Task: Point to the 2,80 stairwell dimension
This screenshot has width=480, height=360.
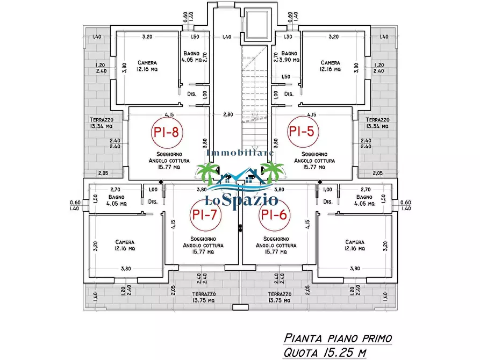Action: pyautogui.click(x=228, y=114)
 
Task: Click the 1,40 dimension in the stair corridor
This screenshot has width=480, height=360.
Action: pyautogui.click(x=226, y=37)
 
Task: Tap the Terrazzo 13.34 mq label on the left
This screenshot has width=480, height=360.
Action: pyautogui.click(x=102, y=123)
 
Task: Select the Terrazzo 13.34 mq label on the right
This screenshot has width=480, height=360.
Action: pyautogui.click(x=377, y=123)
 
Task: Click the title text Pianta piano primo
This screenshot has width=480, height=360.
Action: pyautogui.click(x=338, y=339)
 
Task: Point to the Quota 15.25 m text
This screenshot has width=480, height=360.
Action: pyautogui.click(x=325, y=352)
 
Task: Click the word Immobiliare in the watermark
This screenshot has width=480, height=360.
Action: pyautogui.click(x=240, y=153)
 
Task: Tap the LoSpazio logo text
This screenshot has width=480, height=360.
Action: pyautogui.click(x=241, y=200)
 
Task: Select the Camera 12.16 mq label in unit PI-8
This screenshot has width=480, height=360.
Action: pyautogui.click(x=147, y=66)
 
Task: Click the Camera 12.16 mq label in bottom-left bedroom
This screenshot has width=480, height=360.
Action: pyautogui.click(x=125, y=245)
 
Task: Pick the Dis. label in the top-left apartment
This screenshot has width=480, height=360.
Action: pyautogui.click(x=192, y=93)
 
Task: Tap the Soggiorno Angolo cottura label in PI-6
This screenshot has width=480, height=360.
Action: pyautogui.click(x=276, y=245)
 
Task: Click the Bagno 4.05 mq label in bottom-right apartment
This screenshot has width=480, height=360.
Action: pyautogui.click(x=364, y=200)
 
